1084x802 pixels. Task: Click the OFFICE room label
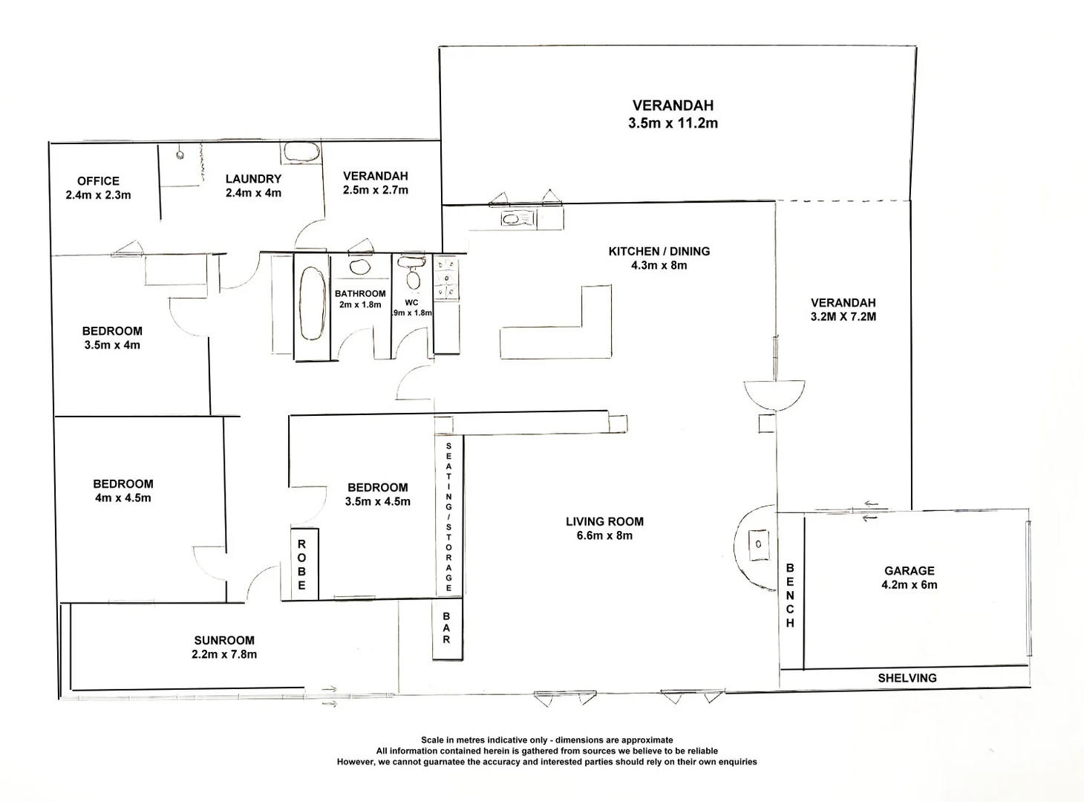98,180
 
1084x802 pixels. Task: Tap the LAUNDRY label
253,178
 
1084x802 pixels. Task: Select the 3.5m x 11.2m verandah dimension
673,123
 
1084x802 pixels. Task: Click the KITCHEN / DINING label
659,251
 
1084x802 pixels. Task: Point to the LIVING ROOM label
604,521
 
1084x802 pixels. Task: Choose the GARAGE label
909,570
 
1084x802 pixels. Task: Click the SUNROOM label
224,640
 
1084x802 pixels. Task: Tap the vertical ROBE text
301,564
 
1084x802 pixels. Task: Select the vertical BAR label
446,627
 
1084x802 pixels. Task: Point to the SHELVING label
907,678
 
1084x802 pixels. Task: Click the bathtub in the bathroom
312,305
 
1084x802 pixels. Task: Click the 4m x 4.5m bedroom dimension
123,498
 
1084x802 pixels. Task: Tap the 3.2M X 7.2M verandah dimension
843,316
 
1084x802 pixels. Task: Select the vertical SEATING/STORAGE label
448,517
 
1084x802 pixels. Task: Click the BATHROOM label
360,293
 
